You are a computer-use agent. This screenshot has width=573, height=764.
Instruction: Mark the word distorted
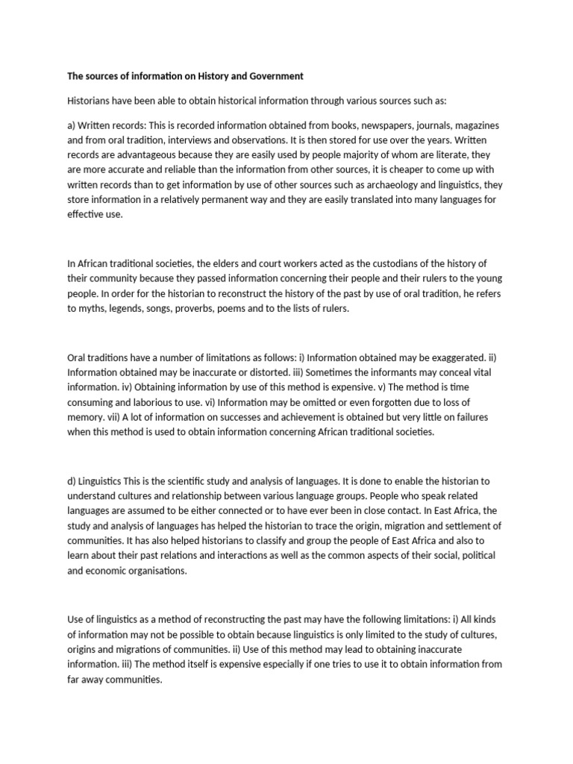pyautogui.click(x=268, y=372)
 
